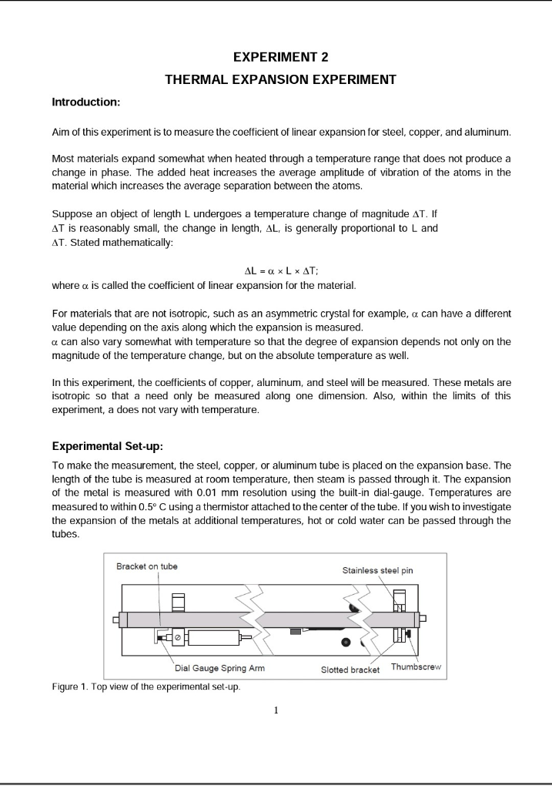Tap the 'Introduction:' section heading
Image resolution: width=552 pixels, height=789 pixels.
point(85,102)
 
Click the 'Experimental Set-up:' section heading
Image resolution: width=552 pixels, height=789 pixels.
point(107,446)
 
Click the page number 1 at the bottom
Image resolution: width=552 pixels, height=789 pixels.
point(276,710)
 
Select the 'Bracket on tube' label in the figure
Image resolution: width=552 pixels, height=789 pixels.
point(146,566)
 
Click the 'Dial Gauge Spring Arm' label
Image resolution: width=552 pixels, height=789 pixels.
point(215,668)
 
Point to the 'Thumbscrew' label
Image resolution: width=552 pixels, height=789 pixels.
point(415,666)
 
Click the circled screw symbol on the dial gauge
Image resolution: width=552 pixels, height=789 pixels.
point(178,637)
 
